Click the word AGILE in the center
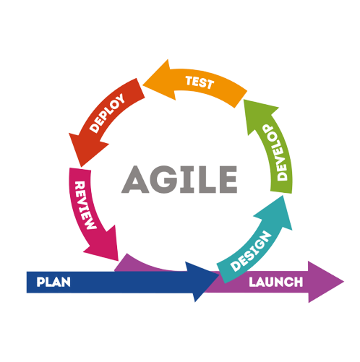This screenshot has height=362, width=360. coord(179,179)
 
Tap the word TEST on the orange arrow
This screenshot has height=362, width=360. coord(200,82)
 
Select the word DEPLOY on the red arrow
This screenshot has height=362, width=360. coord(107,113)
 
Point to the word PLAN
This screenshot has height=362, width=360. coord(53,282)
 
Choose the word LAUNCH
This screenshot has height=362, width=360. coord(275,282)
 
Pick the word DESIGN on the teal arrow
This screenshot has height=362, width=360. coord(251,251)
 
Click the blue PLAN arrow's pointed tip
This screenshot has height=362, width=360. coord(219,276)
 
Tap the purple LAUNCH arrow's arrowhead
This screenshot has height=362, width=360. coord(325,282)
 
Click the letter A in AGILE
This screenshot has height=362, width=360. coord(135,179)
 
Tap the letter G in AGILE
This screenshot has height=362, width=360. coord(163,179)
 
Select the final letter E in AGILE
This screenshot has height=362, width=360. coord(228,179)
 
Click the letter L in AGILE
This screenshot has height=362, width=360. coord(206,179)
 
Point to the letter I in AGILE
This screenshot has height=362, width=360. coord(187,179)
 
